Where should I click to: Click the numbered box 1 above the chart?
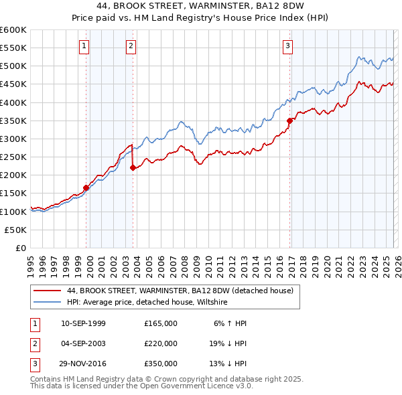[x=84, y=46]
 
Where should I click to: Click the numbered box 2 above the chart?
[x=131, y=46]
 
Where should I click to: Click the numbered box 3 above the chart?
[x=287, y=46]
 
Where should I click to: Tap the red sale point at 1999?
[x=86, y=188]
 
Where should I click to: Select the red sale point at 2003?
[x=133, y=168]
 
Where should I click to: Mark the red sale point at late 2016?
[x=290, y=121]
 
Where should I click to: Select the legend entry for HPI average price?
[x=147, y=303]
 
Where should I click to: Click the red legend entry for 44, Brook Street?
[x=180, y=291]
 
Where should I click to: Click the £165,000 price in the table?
[x=161, y=323]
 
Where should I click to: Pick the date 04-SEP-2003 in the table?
[x=83, y=343]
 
